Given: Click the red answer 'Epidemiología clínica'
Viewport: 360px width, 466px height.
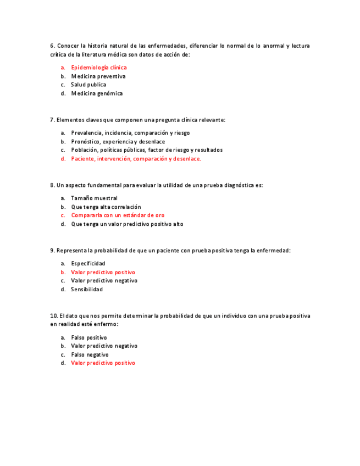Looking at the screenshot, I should pos(98,68).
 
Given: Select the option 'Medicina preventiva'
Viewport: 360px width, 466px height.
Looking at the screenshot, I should pos(98,76).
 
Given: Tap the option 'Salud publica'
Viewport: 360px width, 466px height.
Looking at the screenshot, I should pos(88,85).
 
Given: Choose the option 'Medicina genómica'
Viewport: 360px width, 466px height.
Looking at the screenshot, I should pos(97,93).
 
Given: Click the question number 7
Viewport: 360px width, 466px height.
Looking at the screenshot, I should pos(52,120).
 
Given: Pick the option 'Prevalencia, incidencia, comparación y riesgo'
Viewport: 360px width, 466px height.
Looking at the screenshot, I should pos(130,133).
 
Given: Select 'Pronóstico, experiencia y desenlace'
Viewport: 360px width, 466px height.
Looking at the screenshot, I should pos(118,142).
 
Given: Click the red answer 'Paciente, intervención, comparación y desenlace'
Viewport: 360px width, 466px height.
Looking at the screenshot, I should pos(136,159).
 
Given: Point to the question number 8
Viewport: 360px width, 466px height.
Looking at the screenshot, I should pos(52,185).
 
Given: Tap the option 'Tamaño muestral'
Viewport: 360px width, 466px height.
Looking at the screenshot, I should pos(94,198).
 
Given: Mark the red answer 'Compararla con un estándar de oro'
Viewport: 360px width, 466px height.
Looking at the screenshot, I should pos(118,215).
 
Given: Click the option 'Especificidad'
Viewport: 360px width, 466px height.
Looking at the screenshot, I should pos(88,264).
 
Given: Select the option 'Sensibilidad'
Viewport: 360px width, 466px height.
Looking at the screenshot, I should pos(87,290).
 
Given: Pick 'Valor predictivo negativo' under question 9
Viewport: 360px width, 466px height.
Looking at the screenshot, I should pos(104,281).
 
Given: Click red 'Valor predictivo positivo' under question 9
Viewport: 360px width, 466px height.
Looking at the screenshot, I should pos(103,273).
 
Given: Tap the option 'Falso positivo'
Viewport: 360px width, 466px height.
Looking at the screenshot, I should pos(89,337).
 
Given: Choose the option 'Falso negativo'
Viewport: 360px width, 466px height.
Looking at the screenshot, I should pos(90,354).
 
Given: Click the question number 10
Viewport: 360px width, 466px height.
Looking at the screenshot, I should pos(53,316).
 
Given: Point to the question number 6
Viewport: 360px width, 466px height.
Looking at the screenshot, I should pos(52,46).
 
